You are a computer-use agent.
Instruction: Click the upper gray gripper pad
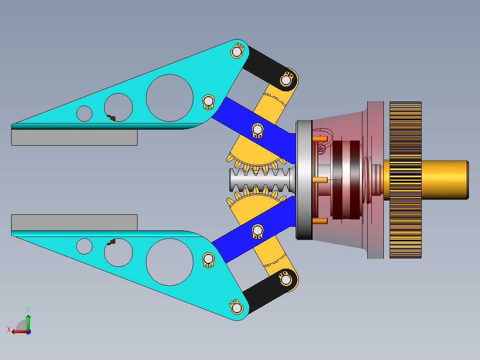[74, 137]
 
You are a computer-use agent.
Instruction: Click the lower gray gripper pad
[74, 222]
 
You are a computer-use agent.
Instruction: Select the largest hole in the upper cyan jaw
[169, 98]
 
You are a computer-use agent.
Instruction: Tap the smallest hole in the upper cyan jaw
[84, 113]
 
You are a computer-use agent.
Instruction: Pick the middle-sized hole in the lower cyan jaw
[118, 252]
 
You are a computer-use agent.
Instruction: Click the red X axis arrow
[18, 331]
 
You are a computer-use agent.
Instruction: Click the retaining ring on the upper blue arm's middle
[257, 130]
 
